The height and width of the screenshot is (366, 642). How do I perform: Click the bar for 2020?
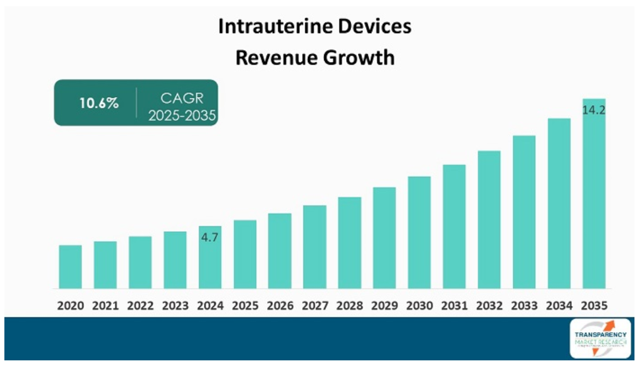[x=70, y=266]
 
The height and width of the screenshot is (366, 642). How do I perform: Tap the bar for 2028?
[x=350, y=243]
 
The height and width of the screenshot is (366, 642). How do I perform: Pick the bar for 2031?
[x=454, y=226]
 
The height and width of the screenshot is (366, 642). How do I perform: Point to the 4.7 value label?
[x=209, y=238]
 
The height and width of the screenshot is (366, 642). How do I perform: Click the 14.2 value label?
[x=594, y=110]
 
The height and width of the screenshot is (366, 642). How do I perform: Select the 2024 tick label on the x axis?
[x=210, y=306]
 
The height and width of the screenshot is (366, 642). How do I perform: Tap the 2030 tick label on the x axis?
[x=419, y=306]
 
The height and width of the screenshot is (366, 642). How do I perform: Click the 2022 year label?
[x=140, y=306]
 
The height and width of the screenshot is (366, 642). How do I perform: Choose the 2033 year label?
[x=524, y=306]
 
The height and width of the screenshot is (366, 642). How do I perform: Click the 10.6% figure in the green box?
[x=98, y=103]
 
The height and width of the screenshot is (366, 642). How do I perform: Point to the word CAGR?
[x=182, y=98]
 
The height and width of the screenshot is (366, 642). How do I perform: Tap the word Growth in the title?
[x=364, y=58]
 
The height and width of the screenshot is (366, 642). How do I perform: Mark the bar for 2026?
[x=280, y=251]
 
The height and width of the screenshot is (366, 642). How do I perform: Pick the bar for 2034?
[x=559, y=203]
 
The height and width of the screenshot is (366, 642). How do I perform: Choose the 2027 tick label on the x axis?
[x=315, y=306]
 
